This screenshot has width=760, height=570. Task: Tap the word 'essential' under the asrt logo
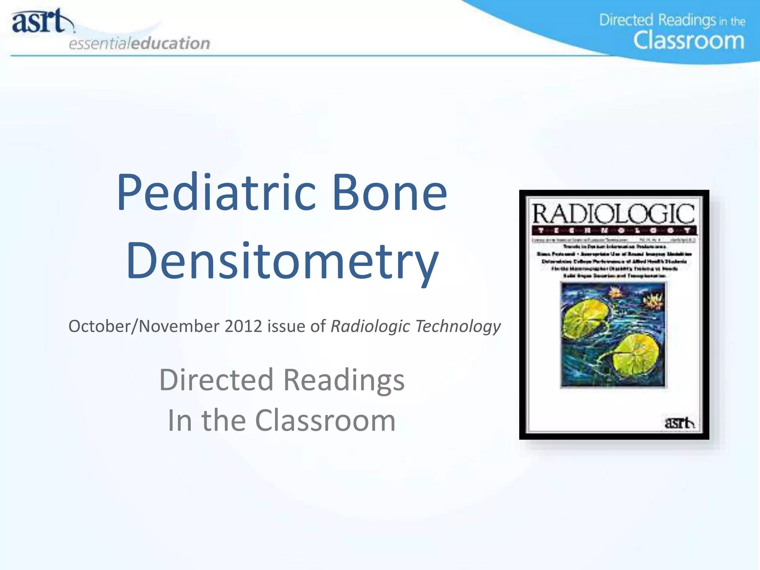99,44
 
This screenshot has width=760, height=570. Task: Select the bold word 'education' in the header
171,43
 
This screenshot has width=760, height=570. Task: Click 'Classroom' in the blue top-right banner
689,41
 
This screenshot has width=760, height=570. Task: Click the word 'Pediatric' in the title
216,193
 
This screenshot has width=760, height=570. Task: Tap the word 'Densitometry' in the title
282,261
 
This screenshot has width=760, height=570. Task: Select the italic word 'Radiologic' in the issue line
370,326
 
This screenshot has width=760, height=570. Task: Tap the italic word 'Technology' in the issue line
458,326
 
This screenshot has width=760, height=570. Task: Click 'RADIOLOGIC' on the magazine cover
613,214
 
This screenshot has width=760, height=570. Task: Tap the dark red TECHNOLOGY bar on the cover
614,230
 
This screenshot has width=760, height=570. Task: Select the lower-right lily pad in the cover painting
635,354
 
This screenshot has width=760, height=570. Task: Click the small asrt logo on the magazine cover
679,423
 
